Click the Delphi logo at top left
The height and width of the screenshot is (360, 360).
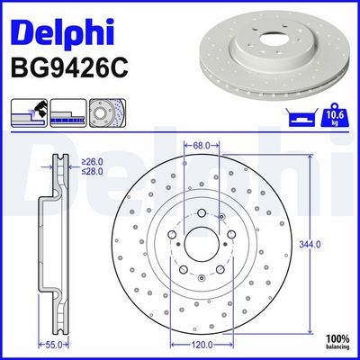pyautogui.click(x=62, y=32)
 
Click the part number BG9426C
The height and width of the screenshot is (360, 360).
pyautogui.click(x=69, y=68)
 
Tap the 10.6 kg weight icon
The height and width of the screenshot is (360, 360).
pyautogui.click(x=336, y=114)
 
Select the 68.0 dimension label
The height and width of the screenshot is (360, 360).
pyautogui.click(x=202, y=146)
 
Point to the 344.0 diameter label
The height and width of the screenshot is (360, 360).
pyautogui.click(x=310, y=245)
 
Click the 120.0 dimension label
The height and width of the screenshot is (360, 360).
pyautogui.click(x=202, y=345)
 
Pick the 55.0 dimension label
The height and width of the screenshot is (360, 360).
pyautogui.click(x=54, y=345)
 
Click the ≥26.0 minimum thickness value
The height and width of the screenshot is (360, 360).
pyautogui.click(x=92, y=162)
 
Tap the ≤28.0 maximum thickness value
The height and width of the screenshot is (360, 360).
pyautogui.click(x=92, y=171)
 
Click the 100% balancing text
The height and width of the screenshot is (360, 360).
pyautogui.click(x=337, y=342)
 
